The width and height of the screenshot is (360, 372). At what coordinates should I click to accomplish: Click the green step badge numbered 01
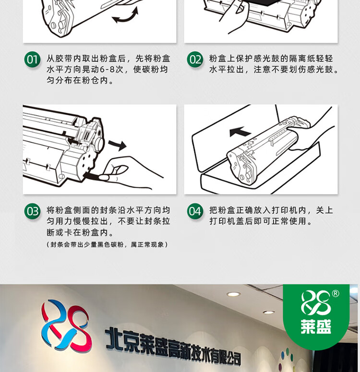(32, 60)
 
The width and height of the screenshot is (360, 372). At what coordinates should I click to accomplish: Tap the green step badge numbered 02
(195, 60)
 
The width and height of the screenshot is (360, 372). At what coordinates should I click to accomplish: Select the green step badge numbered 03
(32, 211)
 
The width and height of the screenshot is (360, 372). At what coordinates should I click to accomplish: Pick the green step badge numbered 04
(195, 211)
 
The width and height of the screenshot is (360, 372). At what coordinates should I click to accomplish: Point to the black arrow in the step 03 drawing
(117, 145)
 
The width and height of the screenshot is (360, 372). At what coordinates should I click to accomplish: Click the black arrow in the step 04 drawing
(240, 132)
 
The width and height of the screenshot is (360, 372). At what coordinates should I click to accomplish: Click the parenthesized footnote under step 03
(107, 244)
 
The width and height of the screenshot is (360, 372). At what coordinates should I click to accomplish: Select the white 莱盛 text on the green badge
(316, 327)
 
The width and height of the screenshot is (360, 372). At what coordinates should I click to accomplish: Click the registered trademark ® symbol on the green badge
(336, 294)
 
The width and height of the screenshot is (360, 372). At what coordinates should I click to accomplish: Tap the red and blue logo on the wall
(66, 325)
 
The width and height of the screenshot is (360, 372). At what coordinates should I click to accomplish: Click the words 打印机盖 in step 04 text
(227, 221)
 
